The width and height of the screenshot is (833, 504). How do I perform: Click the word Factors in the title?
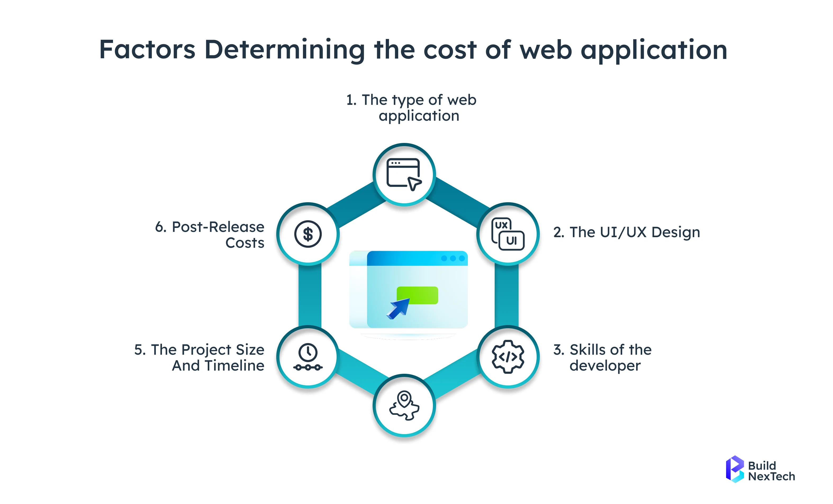point(147,50)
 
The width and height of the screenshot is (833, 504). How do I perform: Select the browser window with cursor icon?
point(404,174)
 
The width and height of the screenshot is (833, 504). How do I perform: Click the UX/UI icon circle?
point(508,234)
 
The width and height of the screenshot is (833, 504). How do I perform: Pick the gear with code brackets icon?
point(508,357)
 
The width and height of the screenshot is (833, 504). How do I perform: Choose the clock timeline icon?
point(308,357)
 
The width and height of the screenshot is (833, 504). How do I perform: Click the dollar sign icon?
point(308,234)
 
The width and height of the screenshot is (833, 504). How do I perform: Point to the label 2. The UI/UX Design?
point(626,232)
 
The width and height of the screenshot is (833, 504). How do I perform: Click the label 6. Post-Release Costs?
point(210,235)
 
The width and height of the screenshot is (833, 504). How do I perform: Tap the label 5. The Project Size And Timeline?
point(200,358)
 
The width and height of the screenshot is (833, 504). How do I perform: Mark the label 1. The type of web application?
point(411,107)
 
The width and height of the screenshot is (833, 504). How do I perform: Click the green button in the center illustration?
point(417,295)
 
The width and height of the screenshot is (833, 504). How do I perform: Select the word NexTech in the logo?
point(771,476)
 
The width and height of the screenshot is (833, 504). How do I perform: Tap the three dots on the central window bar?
point(453,258)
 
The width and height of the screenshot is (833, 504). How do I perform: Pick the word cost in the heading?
point(450,50)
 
